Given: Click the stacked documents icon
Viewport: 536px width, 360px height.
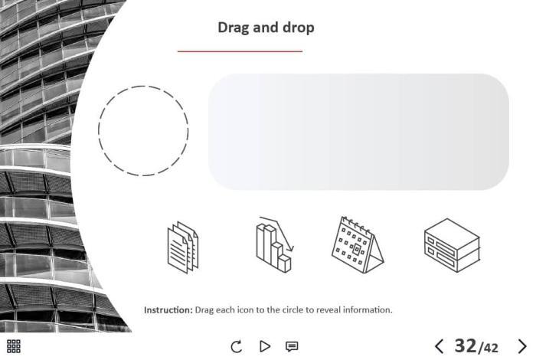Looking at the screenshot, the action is point(183,247).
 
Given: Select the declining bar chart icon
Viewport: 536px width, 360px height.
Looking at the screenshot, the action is point(275,245).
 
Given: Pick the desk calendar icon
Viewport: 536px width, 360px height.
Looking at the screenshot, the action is point(358,245).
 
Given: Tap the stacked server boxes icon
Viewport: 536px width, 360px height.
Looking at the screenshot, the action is point(452,245).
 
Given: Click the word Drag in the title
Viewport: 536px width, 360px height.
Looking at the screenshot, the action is point(234,28).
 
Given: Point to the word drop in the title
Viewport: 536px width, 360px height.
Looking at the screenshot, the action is point(299,28).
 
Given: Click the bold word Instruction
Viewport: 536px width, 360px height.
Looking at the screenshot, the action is point(168,310).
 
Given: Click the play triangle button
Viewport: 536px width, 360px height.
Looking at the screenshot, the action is point(265,346).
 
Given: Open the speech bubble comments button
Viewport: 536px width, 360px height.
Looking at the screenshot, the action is point(292,347).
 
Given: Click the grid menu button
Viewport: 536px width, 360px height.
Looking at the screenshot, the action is point(14,346).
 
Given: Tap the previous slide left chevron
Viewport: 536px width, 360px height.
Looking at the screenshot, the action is point(440,346).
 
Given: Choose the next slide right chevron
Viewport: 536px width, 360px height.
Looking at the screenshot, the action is point(522,346).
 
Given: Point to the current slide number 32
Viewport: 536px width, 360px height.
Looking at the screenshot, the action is point(466,345).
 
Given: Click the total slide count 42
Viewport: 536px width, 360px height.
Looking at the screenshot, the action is point(491,348).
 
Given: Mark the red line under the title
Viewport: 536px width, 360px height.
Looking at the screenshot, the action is point(240,51).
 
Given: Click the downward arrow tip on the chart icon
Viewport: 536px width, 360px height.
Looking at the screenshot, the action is point(291,250).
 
